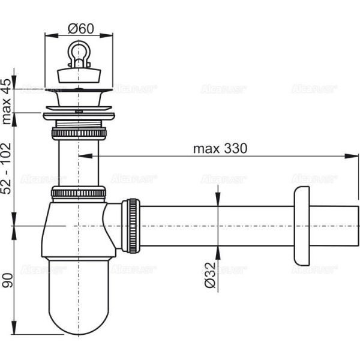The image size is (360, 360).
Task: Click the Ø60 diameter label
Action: pyautogui.click(x=79, y=27)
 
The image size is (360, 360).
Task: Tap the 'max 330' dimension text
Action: pyautogui.click(x=220, y=148)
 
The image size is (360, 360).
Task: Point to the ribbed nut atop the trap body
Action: pyautogui.click(x=79, y=193)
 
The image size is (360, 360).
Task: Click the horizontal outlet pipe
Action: pyautogui.click(x=216, y=225)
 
